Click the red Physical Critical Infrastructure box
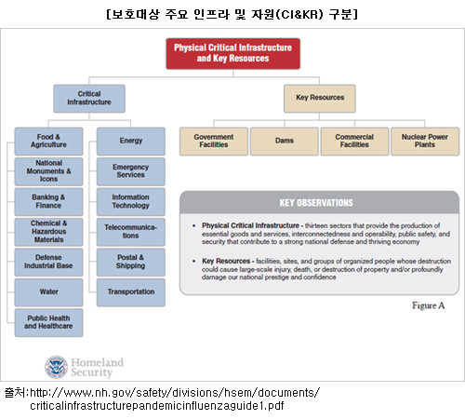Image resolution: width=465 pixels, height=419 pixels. click(233, 53)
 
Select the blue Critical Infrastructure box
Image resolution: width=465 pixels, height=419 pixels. click(89, 99)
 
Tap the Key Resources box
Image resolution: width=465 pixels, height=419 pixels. click(320, 99)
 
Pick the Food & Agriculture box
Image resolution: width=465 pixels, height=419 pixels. click(48, 142)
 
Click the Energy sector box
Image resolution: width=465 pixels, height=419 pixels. click(131, 142)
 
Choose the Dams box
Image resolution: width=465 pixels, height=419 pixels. click(285, 142)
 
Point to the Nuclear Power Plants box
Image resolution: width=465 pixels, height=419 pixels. click(425, 142)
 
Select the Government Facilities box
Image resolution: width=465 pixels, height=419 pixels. click(214, 142)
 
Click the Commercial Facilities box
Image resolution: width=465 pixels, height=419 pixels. click(354, 142)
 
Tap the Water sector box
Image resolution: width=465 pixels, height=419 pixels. click(48, 292)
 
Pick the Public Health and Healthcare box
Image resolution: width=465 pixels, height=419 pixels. click(48, 322)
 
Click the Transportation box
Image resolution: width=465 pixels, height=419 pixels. click(131, 292)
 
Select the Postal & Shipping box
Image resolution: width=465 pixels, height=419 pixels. click(131, 263)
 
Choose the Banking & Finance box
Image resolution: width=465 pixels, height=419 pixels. click(48, 202)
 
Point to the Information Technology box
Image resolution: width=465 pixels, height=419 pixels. click(131, 202)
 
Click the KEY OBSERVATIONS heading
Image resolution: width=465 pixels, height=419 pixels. click(316, 203)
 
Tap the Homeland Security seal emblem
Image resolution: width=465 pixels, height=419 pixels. click(56, 367)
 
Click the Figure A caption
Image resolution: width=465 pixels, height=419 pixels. click(429, 305)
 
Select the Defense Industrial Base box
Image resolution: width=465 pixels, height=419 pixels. click(48, 263)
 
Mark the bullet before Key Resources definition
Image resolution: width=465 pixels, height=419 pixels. click(194, 261)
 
